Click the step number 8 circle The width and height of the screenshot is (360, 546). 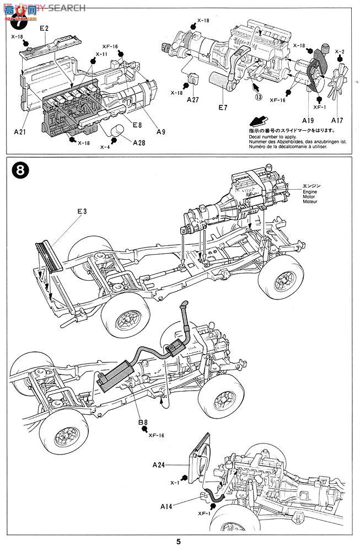pyautogui.click(x=18, y=170)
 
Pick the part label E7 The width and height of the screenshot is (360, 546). pyautogui.click(x=222, y=108)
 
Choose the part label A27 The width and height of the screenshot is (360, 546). pyautogui.click(x=193, y=100)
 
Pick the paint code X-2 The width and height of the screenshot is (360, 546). pyautogui.click(x=340, y=51)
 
